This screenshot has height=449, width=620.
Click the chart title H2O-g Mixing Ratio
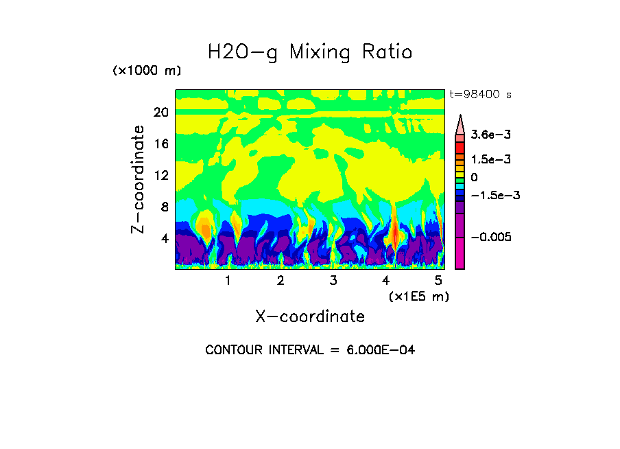click(x=310, y=52)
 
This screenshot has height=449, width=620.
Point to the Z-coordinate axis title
click(x=139, y=179)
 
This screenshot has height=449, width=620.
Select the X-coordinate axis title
click(x=310, y=316)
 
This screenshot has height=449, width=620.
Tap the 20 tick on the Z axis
click(x=160, y=113)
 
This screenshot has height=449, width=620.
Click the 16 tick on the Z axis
click(x=160, y=144)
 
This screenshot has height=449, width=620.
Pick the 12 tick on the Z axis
click(x=160, y=176)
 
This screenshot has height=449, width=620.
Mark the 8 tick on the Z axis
click(x=164, y=207)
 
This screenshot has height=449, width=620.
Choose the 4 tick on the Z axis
click(x=164, y=238)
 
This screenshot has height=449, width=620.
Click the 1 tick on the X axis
click(x=228, y=280)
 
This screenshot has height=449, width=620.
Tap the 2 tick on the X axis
click(x=281, y=280)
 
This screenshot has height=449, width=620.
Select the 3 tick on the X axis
click(x=333, y=280)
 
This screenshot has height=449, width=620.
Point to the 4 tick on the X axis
click(x=386, y=280)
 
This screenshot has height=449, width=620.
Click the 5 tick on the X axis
click(x=438, y=280)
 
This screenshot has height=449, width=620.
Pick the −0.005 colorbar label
click(x=491, y=237)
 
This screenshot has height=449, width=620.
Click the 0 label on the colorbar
click(x=474, y=177)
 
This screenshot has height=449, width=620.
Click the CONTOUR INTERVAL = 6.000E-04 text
click(x=310, y=350)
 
